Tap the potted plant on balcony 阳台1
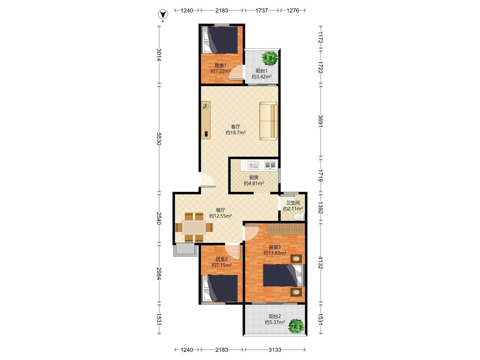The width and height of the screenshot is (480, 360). (x=270, y=58)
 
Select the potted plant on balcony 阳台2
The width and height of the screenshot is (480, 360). (x=296, y=326)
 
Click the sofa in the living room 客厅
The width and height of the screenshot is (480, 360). (x=268, y=121)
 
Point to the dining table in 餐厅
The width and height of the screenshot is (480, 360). (x=195, y=227)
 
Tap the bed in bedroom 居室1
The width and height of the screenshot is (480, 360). (x=221, y=40)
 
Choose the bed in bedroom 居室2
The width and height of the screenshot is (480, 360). (x=221, y=288)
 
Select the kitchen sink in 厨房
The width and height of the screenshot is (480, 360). (x=253, y=165)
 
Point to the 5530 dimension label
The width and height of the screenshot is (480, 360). (x=159, y=139)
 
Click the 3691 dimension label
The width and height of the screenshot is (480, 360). (x=320, y=121)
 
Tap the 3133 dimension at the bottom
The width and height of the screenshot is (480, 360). (x=275, y=350)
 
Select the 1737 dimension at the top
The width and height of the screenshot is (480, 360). (x=262, y=10)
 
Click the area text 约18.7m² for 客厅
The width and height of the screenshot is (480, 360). (x=236, y=133)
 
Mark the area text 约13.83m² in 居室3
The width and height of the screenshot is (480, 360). (x=275, y=253)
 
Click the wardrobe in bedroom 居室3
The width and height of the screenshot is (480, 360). (x=286, y=229)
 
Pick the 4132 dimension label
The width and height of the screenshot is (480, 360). (x=320, y=263)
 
